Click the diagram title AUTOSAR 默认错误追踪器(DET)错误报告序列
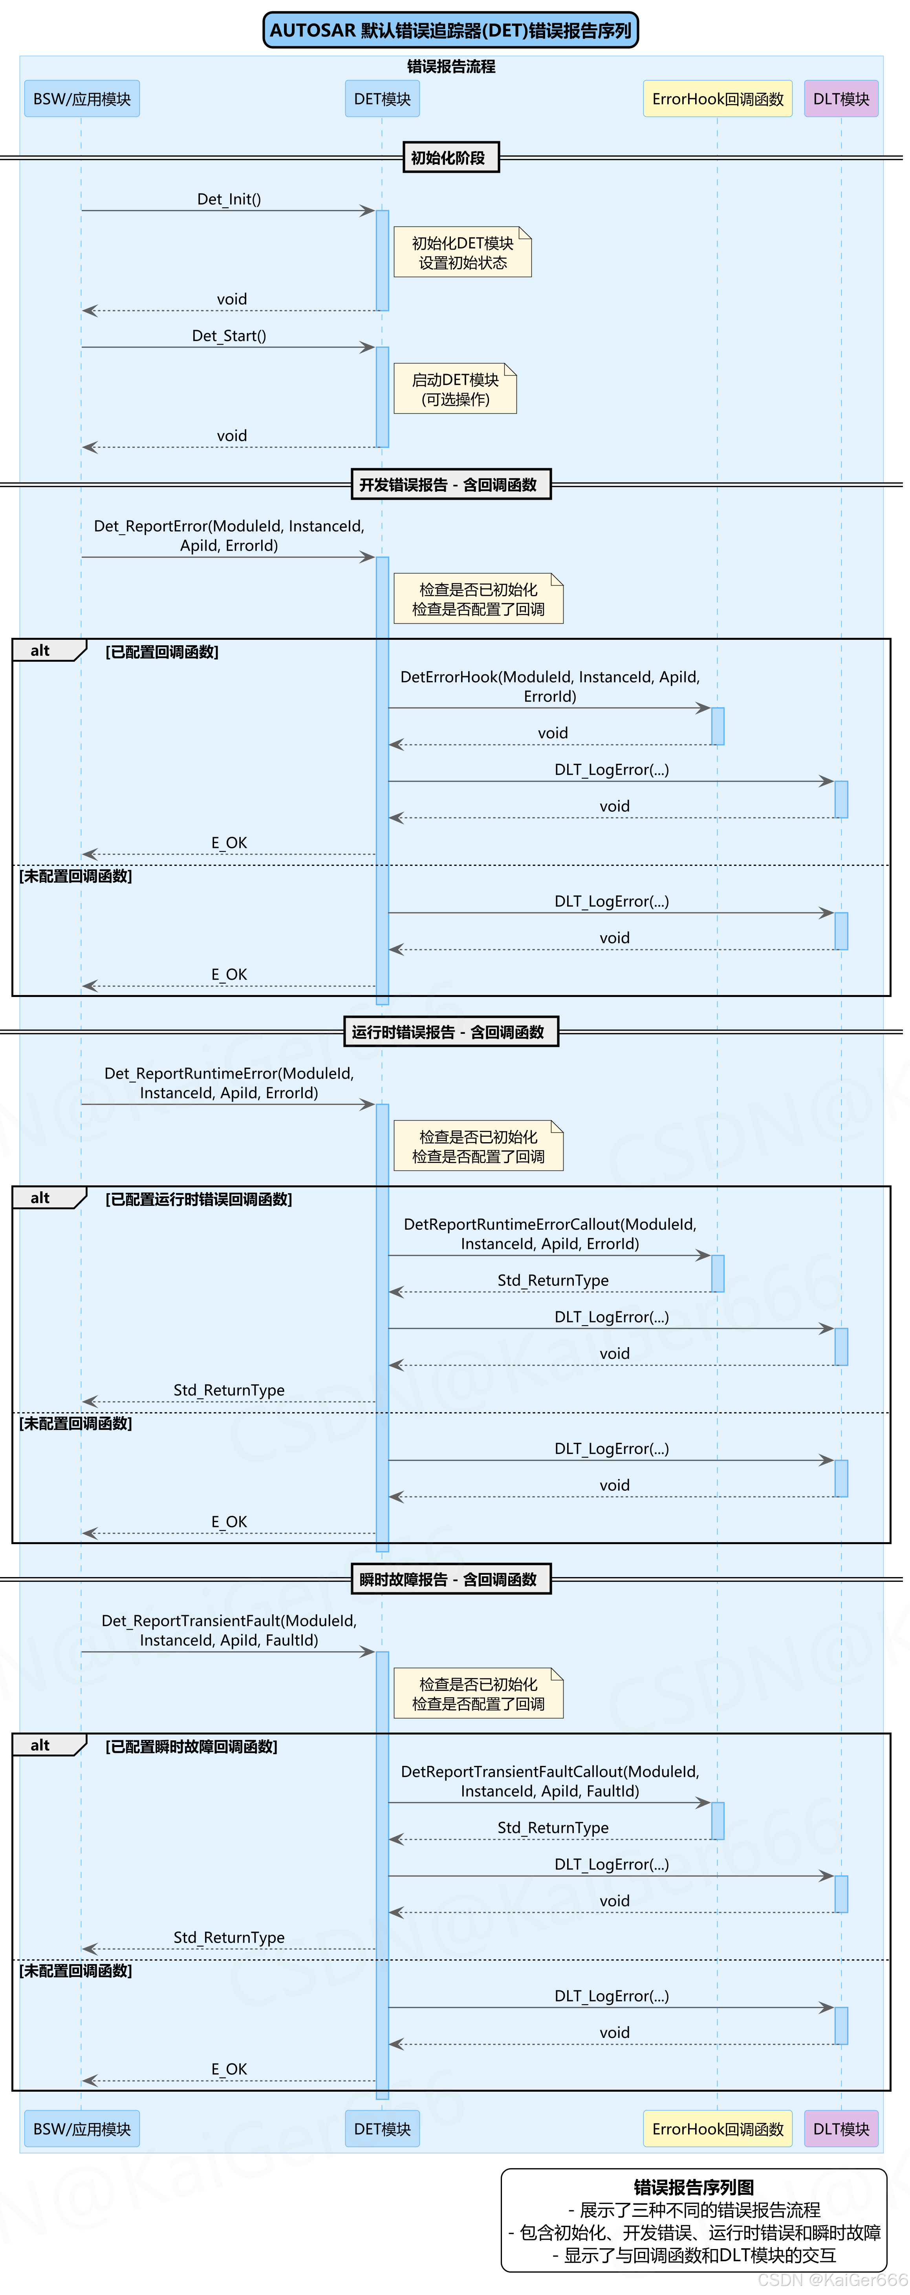[450, 30]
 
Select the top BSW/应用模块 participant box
[81, 99]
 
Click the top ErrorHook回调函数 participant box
[718, 99]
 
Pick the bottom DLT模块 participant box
[840, 2129]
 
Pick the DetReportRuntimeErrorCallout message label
[550, 1234]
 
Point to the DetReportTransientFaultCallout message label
[550, 1781]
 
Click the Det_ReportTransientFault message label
[229, 1629]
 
